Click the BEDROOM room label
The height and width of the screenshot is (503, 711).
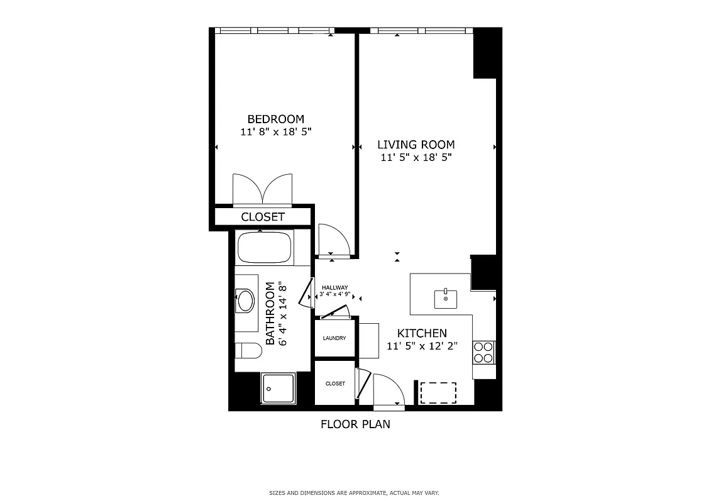click(275, 119)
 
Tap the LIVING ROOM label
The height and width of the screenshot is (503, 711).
click(416, 145)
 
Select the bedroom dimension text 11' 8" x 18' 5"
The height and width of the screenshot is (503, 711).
click(275, 132)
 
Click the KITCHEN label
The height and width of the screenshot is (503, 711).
click(422, 333)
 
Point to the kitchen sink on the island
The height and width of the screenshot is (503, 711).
click(446, 299)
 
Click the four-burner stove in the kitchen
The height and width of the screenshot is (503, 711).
click(484, 352)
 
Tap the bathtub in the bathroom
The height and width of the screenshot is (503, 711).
click(265, 248)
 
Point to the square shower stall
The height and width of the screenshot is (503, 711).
click(278, 388)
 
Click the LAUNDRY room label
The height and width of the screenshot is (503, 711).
click(334, 338)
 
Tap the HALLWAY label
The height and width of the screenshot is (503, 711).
click(334, 287)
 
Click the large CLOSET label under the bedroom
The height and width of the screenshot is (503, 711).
click(263, 217)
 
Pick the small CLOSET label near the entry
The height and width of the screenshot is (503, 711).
click(335, 384)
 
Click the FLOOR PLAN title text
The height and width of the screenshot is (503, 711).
click(355, 424)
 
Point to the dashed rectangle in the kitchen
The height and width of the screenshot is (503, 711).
click(438, 392)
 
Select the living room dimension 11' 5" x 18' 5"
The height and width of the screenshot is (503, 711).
click(416, 158)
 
